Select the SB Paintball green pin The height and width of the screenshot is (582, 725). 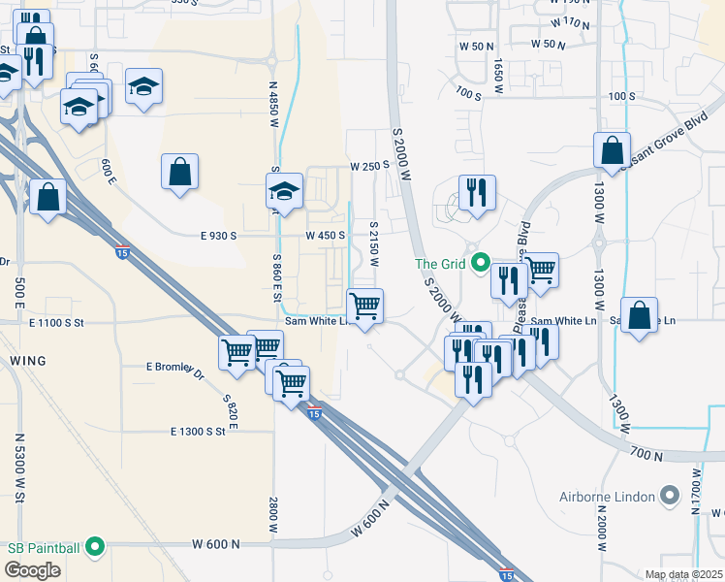point(94,548)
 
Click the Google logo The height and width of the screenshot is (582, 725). point(32,570)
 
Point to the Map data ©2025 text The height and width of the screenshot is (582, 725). point(683,574)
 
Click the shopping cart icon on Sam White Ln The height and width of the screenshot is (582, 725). point(365,307)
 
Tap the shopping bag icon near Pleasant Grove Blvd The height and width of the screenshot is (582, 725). point(612,150)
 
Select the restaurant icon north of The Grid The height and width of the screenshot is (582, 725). point(477,192)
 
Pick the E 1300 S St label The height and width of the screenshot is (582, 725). point(204,431)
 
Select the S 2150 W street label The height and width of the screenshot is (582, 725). point(373,243)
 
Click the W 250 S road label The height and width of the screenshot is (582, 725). point(369,165)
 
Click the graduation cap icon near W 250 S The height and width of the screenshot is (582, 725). point(285,190)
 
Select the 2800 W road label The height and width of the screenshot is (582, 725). point(274,515)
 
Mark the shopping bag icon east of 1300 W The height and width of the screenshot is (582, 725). point(639,315)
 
